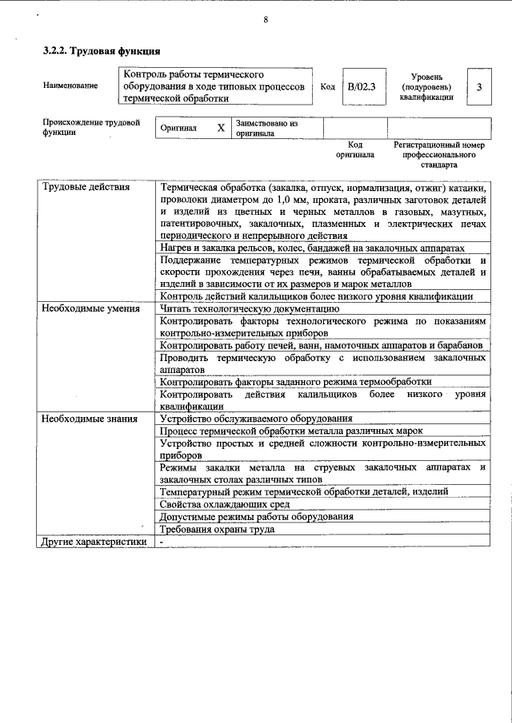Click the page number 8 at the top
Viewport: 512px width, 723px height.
265,18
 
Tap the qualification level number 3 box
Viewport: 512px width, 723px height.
478,85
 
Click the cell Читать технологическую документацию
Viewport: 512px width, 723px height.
250,308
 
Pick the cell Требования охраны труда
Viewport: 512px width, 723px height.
217,529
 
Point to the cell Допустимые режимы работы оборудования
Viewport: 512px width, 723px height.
256,517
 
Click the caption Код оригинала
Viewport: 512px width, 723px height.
355,150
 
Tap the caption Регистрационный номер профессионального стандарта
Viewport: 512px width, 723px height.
439,155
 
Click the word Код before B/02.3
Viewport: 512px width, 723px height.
326,85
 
